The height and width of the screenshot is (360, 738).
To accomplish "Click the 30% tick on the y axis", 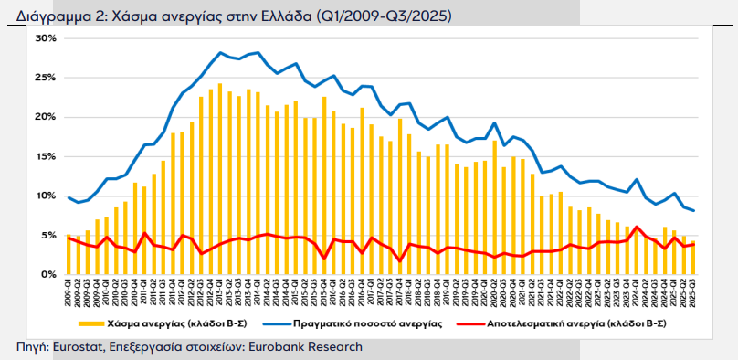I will [46, 38].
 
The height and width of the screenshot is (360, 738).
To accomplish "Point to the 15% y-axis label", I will [46, 156].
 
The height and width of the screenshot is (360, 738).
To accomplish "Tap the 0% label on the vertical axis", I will [48, 274].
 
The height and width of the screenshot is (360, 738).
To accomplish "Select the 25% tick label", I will [46, 78].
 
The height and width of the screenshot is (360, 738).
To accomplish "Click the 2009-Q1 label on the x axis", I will [69, 293].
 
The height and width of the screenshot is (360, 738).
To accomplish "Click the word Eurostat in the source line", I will [77, 346].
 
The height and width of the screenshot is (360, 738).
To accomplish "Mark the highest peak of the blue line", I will [222, 53].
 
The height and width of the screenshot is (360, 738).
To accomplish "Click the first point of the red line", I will [69, 238].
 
